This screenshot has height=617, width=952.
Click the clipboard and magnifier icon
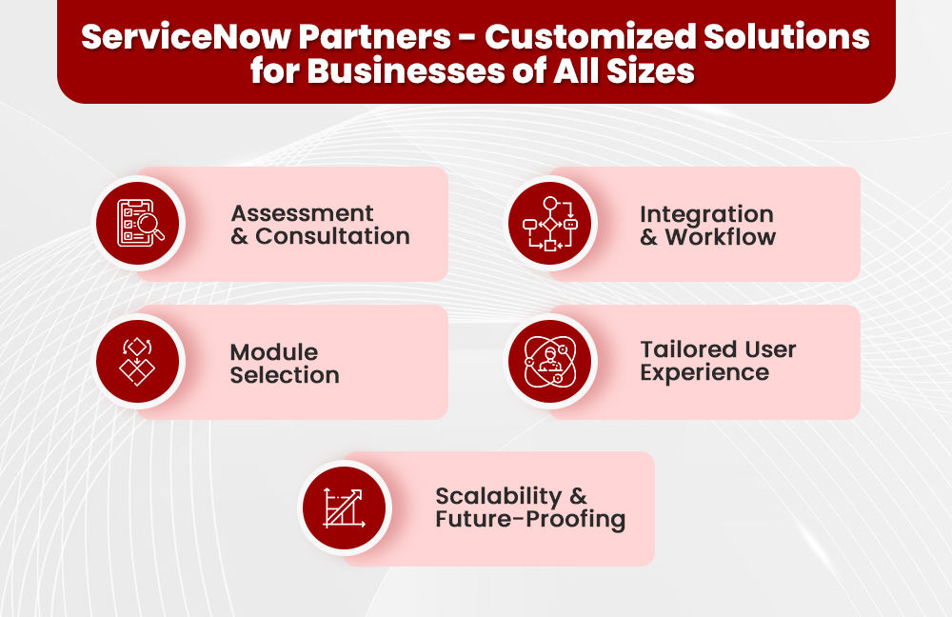139,223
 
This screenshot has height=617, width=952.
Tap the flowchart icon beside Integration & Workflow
549,223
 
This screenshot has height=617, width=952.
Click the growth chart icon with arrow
344,508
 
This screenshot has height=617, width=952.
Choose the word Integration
706,214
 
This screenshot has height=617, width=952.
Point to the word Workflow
720,238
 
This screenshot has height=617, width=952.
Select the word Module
274,352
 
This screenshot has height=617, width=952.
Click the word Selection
285,376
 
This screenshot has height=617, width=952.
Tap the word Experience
704,373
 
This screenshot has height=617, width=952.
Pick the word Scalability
499,496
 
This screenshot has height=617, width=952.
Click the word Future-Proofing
530,521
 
